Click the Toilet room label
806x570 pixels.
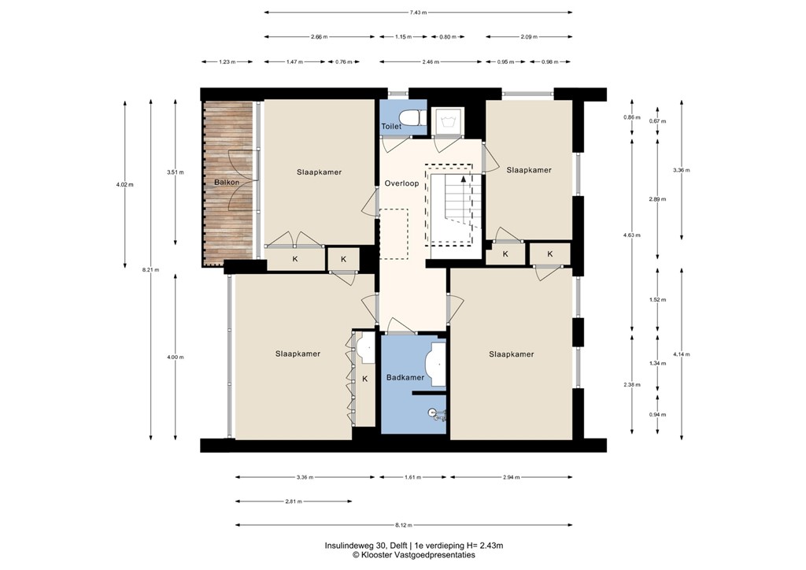(x=391, y=126)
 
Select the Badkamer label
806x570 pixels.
(x=405, y=377)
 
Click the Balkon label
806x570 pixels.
(x=227, y=183)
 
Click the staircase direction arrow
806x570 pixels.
(x=463, y=179)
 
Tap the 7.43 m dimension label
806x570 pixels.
(x=418, y=12)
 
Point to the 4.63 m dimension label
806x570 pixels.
(x=632, y=235)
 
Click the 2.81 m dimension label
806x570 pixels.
(x=292, y=502)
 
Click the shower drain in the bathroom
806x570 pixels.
(x=432, y=413)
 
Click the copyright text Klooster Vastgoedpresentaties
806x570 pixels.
(x=413, y=555)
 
